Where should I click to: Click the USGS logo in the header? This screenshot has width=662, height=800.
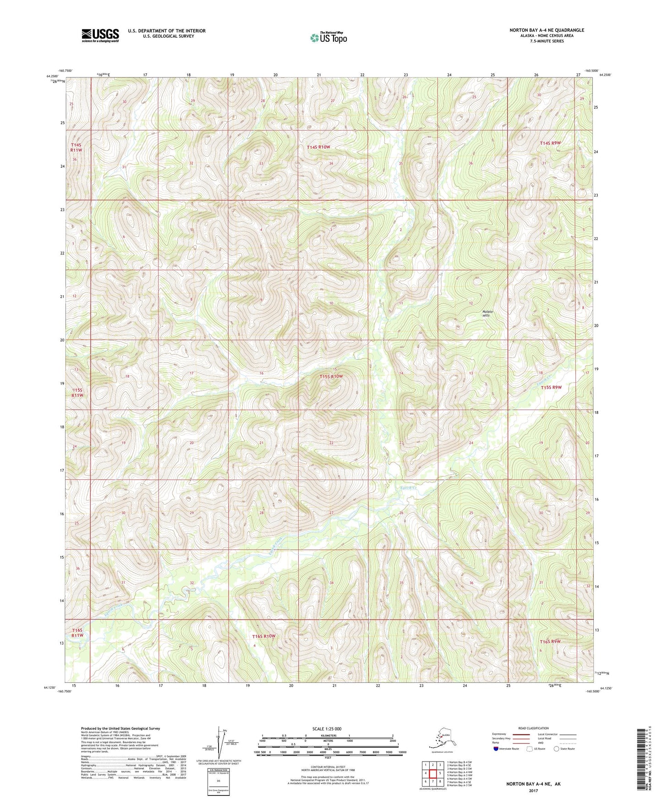pyautogui.click(x=100, y=35)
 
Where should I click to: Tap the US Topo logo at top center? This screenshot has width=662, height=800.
pyautogui.click(x=328, y=37)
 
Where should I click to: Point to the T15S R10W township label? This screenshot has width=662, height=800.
pyautogui.click(x=331, y=376)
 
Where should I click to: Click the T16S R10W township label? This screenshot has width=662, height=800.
pyautogui.click(x=264, y=636)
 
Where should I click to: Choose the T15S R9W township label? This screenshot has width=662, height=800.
pyautogui.click(x=551, y=387)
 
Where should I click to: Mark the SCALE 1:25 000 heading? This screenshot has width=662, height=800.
pyautogui.click(x=327, y=729)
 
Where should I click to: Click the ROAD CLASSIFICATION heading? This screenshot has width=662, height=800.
pyautogui.click(x=533, y=728)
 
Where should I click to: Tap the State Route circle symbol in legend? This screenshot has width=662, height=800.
pyautogui.click(x=557, y=749)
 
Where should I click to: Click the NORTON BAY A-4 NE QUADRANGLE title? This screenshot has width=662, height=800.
pyautogui.click(x=547, y=30)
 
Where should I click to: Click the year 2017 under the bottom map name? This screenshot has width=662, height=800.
pyautogui.click(x=533, y=790)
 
